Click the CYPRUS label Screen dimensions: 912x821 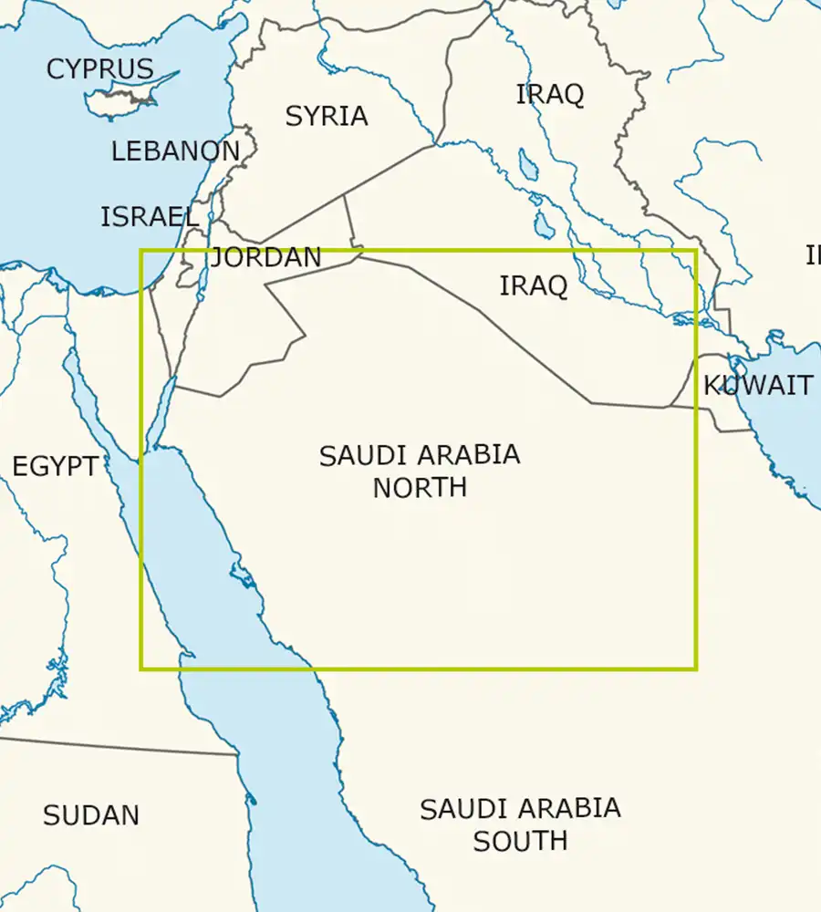point(99,68)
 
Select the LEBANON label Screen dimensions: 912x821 point(175,151)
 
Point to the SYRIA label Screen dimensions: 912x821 point(327,117)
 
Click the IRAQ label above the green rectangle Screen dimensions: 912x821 point(550,94)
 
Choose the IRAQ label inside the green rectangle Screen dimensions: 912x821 point(534,285)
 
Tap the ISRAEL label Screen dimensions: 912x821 point(150,217)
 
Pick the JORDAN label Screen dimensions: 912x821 point(266,258)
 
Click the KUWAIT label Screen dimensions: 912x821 point(758,386)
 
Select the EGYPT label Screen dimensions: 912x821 point(55,467)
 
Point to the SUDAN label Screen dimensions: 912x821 point(91,815)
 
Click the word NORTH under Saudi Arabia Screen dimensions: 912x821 point(420,487)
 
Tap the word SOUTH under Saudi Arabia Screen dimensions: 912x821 point(520,840)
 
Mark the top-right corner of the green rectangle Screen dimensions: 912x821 point(696,251)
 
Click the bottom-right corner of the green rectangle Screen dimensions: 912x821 point(696,668)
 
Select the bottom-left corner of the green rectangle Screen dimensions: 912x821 point(141,668)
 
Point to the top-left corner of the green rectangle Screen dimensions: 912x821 point(141,251)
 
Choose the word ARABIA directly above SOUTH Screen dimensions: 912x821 point(565,809)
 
